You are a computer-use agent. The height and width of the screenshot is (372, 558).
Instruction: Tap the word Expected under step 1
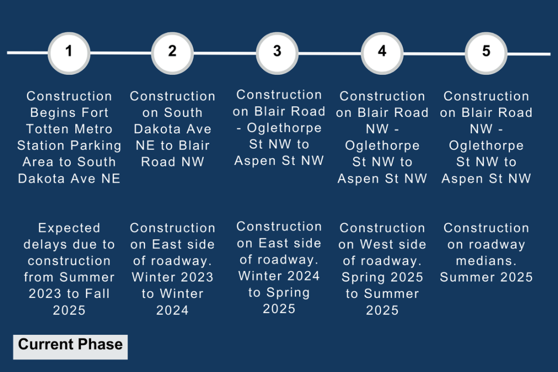(69, 228)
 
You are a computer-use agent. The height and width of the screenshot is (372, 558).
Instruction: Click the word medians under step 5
(486, 261)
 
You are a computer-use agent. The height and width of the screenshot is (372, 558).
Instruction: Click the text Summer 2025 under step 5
(486, 277)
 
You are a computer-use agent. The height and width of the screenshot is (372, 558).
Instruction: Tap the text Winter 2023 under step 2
(173, 277)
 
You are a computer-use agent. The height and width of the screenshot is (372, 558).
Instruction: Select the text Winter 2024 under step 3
(279, 275)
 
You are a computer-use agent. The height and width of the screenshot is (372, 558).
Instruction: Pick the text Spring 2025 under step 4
(382, 277)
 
